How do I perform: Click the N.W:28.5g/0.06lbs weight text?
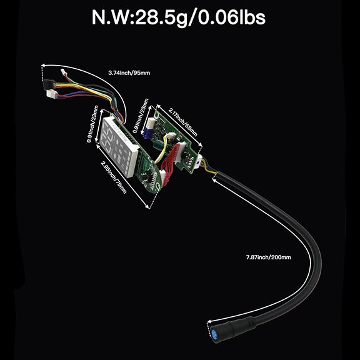click(x=179, y=17)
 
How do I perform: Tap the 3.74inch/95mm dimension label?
click(x=129, y=73)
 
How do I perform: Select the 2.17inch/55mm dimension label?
click(x=183, y=122)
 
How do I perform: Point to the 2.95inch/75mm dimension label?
click(x=114, y=177)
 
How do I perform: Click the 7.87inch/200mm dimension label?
click(x=268, y=257)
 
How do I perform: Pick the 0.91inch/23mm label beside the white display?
click(x=92, y=124)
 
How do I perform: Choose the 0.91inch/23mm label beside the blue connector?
click(x=141, y=116)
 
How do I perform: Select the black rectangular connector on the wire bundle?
click(x=49, y=84)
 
